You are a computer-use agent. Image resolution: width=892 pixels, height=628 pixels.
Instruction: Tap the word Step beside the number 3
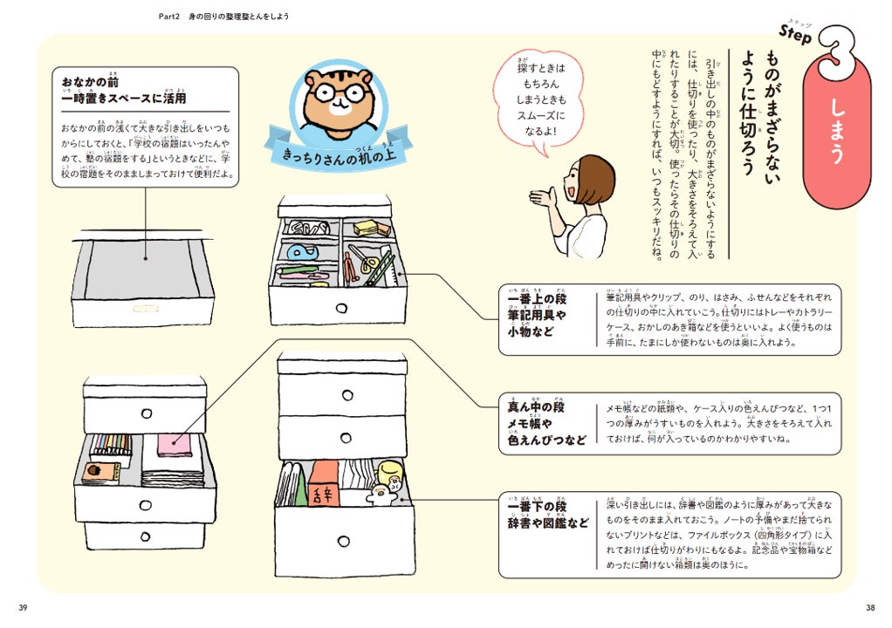pos(795,36)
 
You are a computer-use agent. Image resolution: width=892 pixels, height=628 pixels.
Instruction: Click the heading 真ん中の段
pos(536,408)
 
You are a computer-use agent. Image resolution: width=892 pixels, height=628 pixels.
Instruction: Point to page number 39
pos(24,608)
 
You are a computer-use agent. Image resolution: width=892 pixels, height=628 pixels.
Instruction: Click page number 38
pos(869,608)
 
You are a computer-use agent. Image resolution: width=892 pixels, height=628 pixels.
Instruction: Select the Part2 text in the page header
pos(162,17)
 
